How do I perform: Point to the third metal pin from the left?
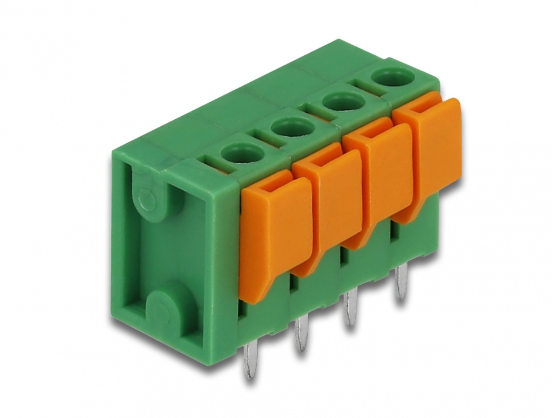pyautogui.click(x=351, y=308)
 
